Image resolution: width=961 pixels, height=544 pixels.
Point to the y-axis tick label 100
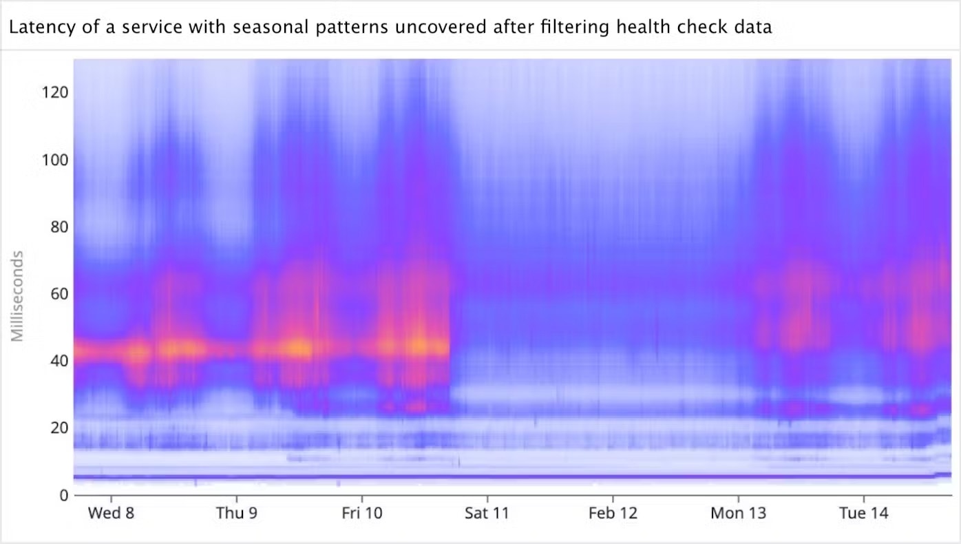tap(53, 159)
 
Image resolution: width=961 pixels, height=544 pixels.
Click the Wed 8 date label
tap(111, 514)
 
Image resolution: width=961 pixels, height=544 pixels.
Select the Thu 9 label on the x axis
tap(237, 514)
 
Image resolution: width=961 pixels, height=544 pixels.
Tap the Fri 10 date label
tap(362, 514)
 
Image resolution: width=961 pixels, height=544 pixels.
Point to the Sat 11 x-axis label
tap(487, 514)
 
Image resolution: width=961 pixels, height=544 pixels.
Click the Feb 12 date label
tap(613, 514)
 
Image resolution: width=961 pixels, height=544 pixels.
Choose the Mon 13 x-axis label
tap(738, 514)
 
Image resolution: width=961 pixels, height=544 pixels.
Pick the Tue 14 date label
tap(864, 514)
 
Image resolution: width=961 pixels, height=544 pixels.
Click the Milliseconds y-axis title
tap(19, 295)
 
